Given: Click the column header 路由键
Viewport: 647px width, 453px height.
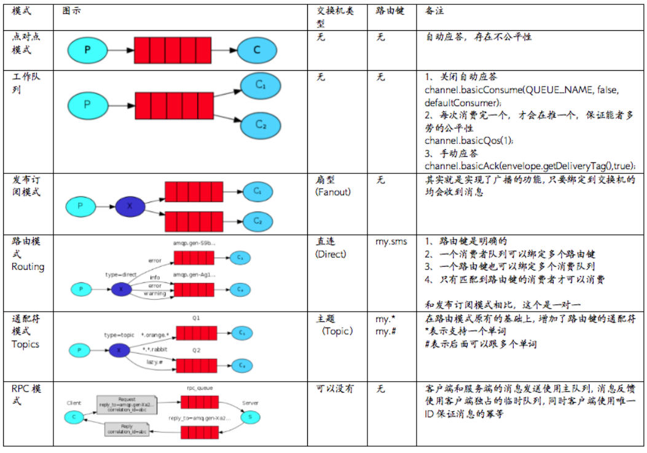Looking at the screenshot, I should pyautogui.click(x=390, y=12).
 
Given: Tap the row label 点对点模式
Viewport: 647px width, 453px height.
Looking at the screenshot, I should pyautogui.click(x=25, y=44).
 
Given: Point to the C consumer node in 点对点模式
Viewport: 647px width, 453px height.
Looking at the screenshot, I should pyautogui.click(x=256, y=50).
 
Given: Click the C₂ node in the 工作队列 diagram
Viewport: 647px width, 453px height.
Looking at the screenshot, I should pyautogui.click(x=261, y=125).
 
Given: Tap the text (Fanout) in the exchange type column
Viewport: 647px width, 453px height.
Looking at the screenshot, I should pyautogui.click(x=333, y=192).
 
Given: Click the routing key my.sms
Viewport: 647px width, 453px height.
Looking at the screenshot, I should pyautogui.click(x=391, y=242).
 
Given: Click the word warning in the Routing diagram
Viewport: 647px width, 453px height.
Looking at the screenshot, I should pyautogui.click(x=155, y=293).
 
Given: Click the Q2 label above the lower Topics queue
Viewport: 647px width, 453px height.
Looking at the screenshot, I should pyautogui.click(x=196, y=349).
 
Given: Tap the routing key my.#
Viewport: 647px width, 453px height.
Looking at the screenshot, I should pyautogui.click(x=386, y=332).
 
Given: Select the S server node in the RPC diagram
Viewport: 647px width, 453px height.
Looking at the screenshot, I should pyautogui.click(x=250, y=417).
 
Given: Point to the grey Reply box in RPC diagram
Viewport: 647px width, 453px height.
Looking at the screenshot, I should pyautogui.click(x=126, y=428).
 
